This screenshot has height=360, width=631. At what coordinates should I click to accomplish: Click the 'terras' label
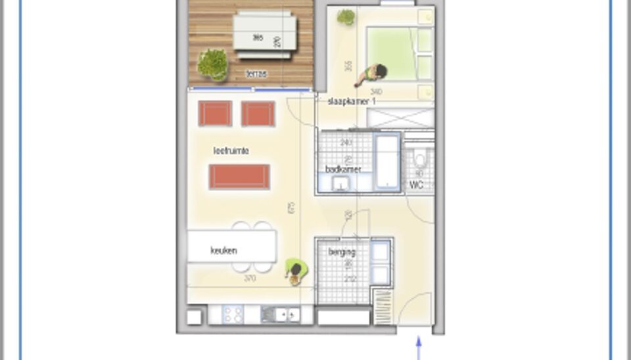click(x=256, y=74)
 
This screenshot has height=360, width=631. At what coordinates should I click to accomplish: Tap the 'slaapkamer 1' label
click(x=352, y=101)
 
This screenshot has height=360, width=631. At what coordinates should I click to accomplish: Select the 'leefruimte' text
click(x=231, y=151)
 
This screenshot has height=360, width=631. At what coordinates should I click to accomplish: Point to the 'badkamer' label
click(x=343, y=169)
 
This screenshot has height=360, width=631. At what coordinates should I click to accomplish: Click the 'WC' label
click(x=416, y=185)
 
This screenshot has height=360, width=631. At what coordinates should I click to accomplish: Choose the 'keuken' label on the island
click(x=223, y=250)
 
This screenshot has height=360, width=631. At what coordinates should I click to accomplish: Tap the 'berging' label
click(x=342, y=252)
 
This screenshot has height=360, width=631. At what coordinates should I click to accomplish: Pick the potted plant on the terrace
click(x=212, y=64)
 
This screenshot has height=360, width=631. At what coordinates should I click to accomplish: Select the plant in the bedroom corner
click(x=346, y=17)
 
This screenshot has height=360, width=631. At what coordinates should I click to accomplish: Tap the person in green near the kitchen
click(x=296, y=271)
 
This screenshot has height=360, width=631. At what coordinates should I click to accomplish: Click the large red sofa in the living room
click(x=239, y=177)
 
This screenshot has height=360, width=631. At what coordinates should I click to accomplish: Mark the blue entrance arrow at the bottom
click(x=418, y=348)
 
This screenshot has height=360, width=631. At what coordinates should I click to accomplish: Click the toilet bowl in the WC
click(x=419, y=161)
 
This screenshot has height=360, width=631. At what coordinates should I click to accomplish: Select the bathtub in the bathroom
click(x=387, y=162)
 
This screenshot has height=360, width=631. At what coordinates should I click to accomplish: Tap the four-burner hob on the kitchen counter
click(x=233, y=315)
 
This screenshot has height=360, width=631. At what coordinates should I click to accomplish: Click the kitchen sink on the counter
click(x=280, y=315)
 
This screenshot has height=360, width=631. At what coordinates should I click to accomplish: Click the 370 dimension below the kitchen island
click(x=250, y=279)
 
